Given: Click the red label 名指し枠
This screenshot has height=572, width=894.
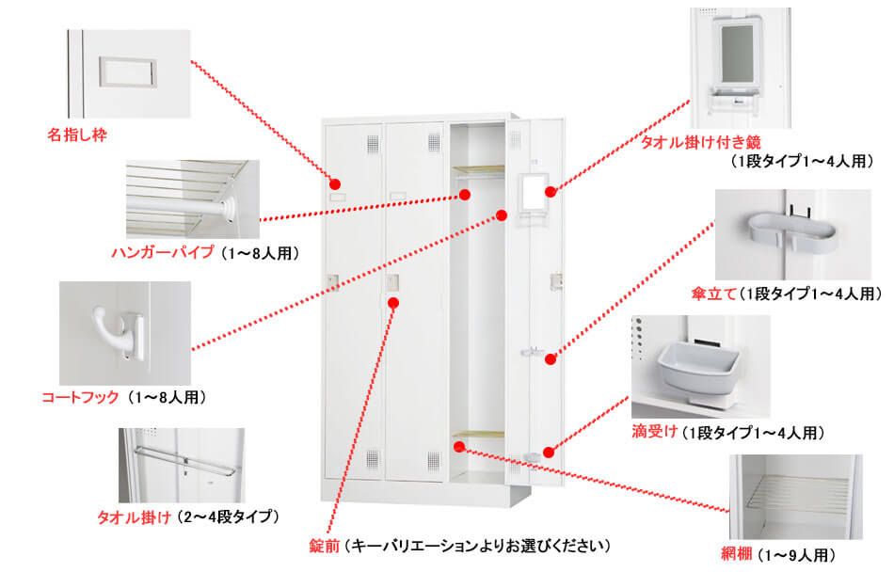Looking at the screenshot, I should (77, 135).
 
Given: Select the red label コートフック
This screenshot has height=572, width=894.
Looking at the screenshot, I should (80, 397).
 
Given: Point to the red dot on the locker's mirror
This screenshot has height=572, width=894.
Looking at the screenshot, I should (551, 192).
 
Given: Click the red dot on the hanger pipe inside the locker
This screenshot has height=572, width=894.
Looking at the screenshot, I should (464, 195).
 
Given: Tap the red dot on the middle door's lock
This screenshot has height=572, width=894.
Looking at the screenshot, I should (393, 302).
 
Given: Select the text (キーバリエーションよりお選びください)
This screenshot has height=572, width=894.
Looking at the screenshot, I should (476, 545).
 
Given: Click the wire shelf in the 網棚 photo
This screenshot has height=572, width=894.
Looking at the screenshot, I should (799, 494).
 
